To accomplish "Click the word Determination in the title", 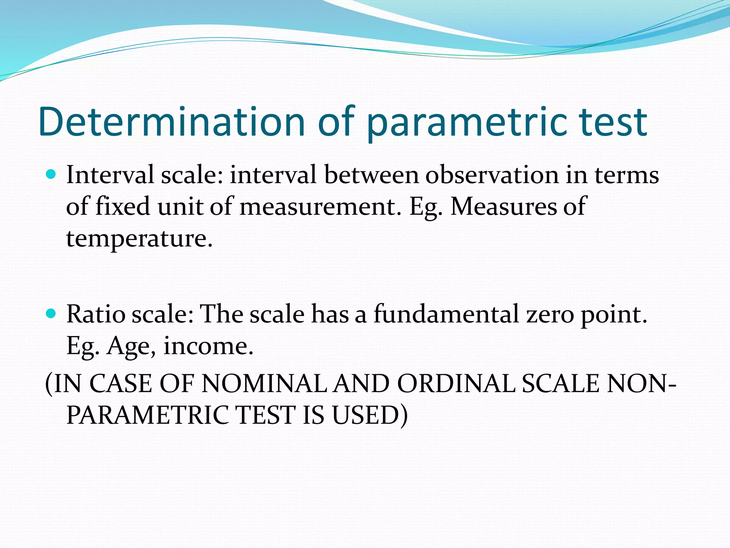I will [171, 122].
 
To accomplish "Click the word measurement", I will [317, 207].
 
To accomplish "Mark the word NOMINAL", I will [264, 384].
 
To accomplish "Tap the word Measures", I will [503, 207].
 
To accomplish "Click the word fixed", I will [123, 207].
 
